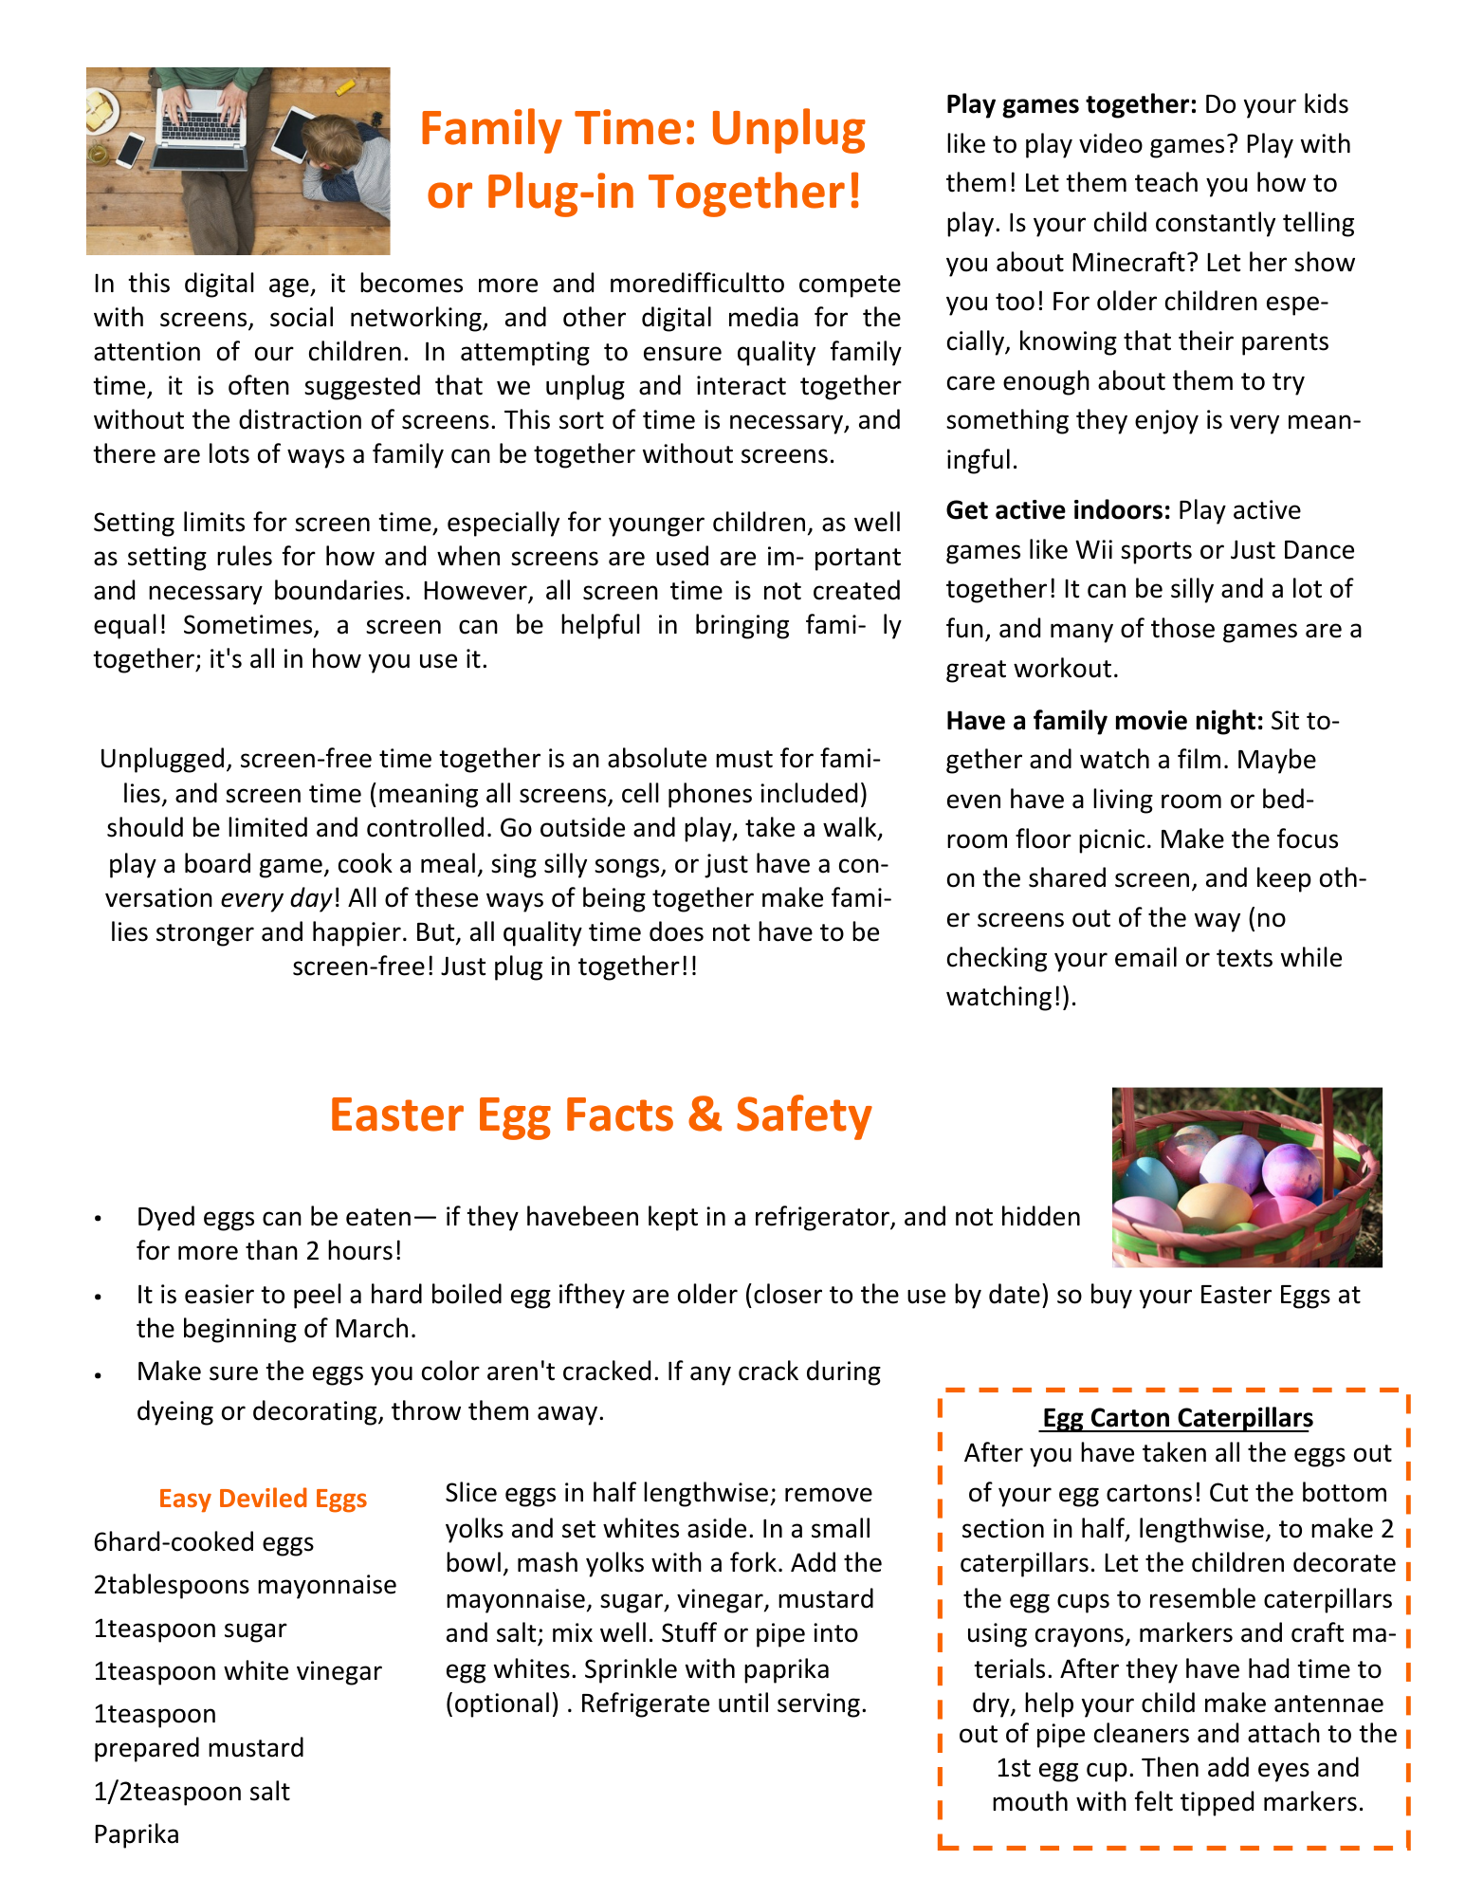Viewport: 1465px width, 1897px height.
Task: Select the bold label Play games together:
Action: pyautogui.click(x=1071, y=104)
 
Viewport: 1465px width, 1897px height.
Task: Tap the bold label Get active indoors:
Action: pyautogui.click(x=1058, y=510)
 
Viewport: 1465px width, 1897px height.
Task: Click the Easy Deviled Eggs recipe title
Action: pyautogui.click(x=263, y=1499)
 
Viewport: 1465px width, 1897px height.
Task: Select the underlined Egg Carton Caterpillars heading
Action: pyautogui.click(x=1177, y=1418)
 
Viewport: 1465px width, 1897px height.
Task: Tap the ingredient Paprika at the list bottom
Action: pyautogui.click(x=137, y=1834)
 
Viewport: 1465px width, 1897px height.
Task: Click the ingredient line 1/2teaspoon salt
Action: pyautogui.click(x=192, y=1792)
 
